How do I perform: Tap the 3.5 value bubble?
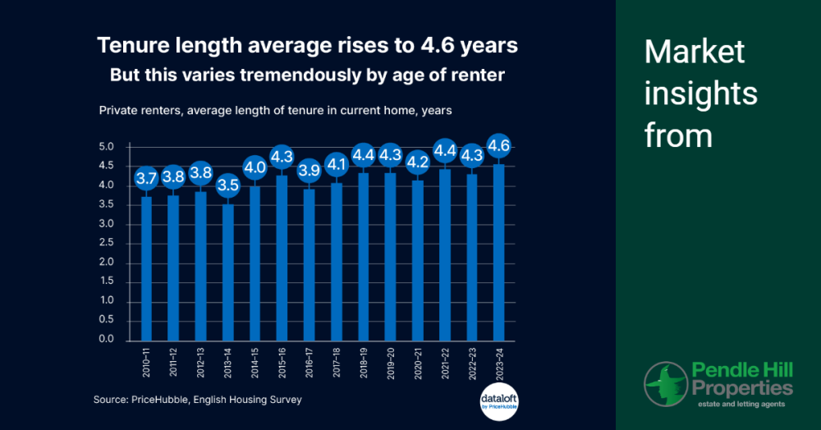[x=228, y=185]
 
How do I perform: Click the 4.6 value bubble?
[x=497, y=147]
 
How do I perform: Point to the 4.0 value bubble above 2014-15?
[x=255, y=167]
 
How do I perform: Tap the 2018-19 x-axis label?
[x=362, y=362]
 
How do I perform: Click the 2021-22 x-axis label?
[x=443, y=362]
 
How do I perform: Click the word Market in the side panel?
[x=695, y=53]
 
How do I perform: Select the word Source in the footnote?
[x=110, y=400]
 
